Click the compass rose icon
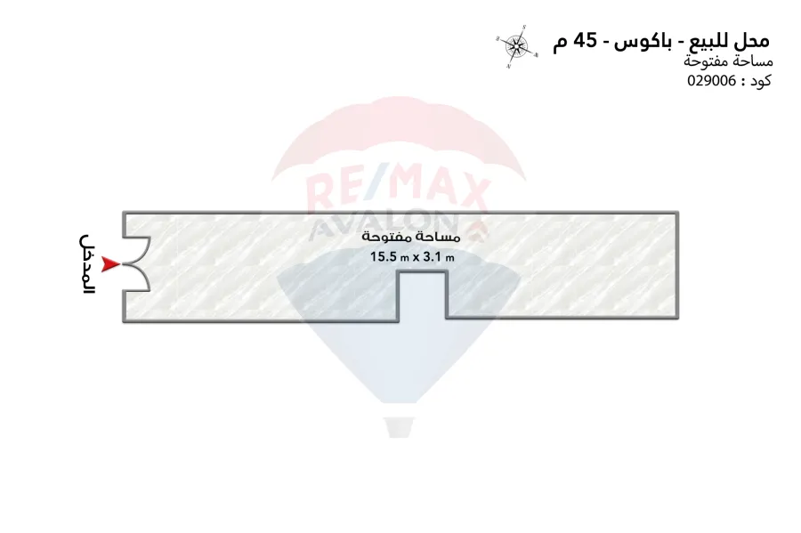(x=516, y=46)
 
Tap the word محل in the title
(x=753, y=40)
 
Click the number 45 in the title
(x=585, y=41)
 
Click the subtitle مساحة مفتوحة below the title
(x=728, y=61)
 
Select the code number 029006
(x=712, y=81)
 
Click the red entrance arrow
(x=109, y=264)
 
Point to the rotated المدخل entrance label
(x=87, y=264)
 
